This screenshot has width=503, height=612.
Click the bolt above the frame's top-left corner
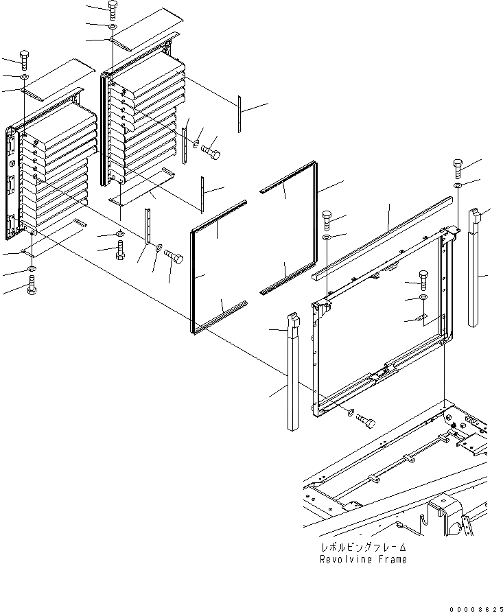[327, 220]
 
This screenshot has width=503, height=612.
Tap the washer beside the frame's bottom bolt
[352, 413]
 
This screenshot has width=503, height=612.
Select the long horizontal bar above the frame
[384, 236]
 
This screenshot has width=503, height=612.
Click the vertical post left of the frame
[293, 374]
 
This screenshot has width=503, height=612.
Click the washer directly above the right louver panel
[113, 27]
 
